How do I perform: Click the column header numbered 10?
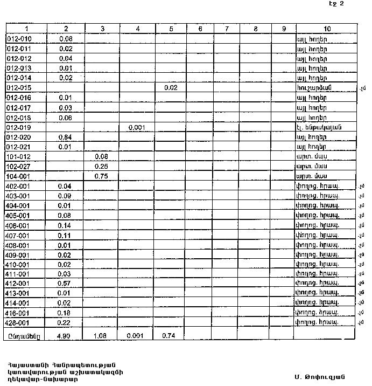(327, 29)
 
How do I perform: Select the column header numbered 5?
(171, 29)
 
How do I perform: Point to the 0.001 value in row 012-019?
(137, 127)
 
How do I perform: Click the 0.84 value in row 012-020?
(66, 137)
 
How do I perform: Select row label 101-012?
(19, 156)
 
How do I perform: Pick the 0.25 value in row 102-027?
(101, 166)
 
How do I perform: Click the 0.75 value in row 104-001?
(101, 176)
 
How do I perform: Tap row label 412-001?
(19, 283)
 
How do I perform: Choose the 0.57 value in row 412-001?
(66, 283)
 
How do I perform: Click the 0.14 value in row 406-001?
(66, 225)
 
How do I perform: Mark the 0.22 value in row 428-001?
(66, 322)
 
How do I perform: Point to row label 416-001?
(19, 312)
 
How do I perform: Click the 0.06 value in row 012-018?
(66, 118)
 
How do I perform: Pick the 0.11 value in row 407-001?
(66, 235)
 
